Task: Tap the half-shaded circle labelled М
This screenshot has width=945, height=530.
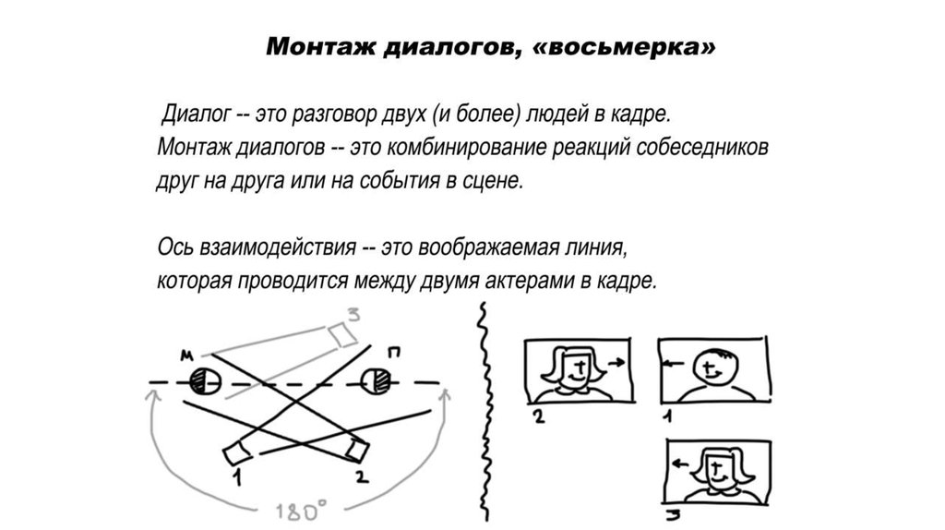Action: (203, 381)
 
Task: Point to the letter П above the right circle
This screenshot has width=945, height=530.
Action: (394, 353)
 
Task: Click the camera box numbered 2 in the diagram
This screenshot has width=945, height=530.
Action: (357, 451)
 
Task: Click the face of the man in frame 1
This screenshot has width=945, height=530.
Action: (712, 370)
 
